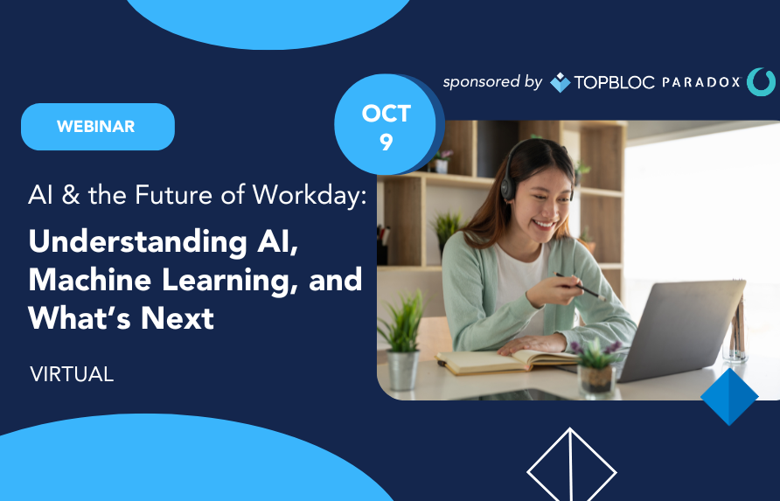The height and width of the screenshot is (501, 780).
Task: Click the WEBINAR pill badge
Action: (x=98, y=127)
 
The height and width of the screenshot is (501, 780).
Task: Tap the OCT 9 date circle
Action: (x=386, y=124)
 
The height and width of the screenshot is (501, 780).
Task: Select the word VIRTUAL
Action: (x=72, y=374)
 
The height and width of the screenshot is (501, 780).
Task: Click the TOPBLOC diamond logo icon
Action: (x=561, y=82)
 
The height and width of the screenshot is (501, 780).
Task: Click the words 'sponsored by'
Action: (x=492, y=82)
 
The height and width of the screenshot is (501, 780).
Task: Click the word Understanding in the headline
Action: (x=138, y=242)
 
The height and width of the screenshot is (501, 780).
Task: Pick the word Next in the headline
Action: (x=178, y=318)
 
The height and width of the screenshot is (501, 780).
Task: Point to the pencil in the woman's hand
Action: (x=580, y=286)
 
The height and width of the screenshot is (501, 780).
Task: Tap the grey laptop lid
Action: (x=681, y=330)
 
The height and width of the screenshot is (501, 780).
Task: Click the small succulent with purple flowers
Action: (x=595, y=366)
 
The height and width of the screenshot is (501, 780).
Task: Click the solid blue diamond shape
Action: (x=729, y=397)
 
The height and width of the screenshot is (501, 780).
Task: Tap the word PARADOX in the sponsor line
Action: (x=701, y=82)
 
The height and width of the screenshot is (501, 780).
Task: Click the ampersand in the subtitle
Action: (x=71, y=195)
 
